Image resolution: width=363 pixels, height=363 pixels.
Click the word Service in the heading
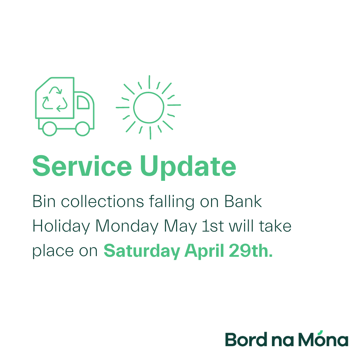pyautogui.click(x=82, y=166)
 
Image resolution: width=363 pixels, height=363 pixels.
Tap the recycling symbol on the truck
pyautogui.click(x=55, y=99)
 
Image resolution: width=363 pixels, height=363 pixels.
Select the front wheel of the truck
pyautogui.click(x=83, y=129)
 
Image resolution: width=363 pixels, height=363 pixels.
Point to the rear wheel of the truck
pyautogui.click(x=49, y=129)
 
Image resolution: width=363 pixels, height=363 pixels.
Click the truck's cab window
pyautogui.click(x=83, y=102)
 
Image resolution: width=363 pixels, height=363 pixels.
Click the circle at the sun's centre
pyautogui.click(x=149, y=108)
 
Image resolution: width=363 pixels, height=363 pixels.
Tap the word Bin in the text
pyautogui.click(x=44, y=201)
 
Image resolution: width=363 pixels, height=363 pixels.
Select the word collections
pyautogui.click(x=102, y=201)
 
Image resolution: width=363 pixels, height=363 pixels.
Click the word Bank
pyautogui.click(x=243, y=201)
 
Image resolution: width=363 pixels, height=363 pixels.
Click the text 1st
pyautogui.click(x=213, y=226)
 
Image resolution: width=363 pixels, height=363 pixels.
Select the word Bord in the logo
pyautogui.click(x=246, y=339)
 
